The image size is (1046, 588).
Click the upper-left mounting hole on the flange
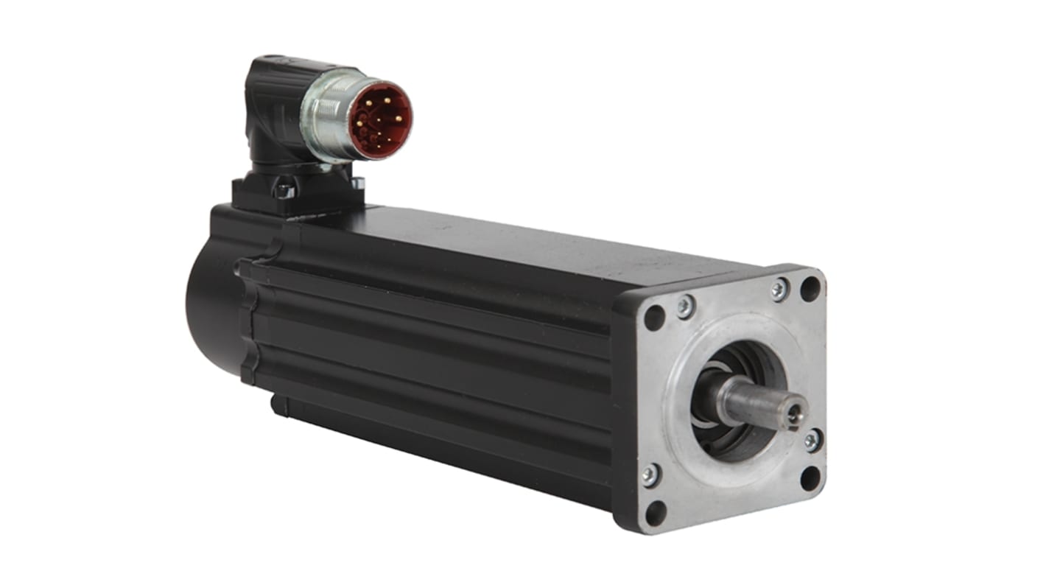coord(654,318)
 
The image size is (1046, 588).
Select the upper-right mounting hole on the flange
coord(810,288)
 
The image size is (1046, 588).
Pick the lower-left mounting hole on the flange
coord(655,513)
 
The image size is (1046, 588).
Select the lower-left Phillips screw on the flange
coord(649,475)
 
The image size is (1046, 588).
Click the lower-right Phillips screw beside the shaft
coord(812,441)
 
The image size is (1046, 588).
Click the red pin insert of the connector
coord(379,120)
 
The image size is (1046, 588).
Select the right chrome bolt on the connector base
coord(357,183)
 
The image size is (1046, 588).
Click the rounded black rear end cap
coord(210,309)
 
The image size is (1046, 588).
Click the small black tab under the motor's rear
coord(278,405)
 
